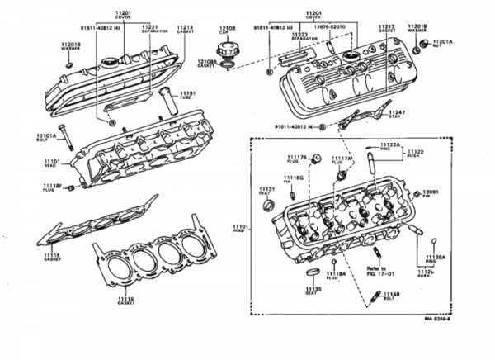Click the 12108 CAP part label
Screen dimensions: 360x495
point(228,31)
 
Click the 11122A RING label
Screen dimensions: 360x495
point(389,146)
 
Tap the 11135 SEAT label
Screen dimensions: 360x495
point(312,290)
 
